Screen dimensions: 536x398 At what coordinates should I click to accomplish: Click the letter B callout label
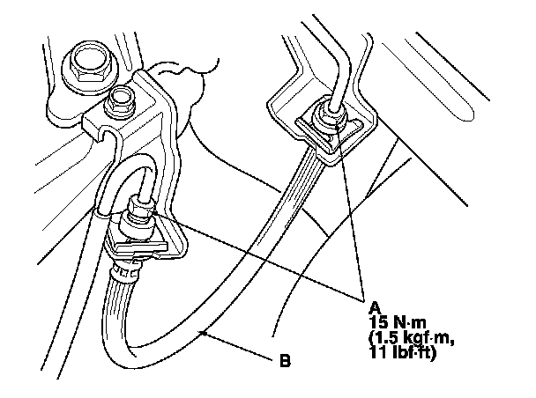click(285, 360)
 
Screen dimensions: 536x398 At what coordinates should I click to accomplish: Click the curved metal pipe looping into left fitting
click(115, 176)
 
